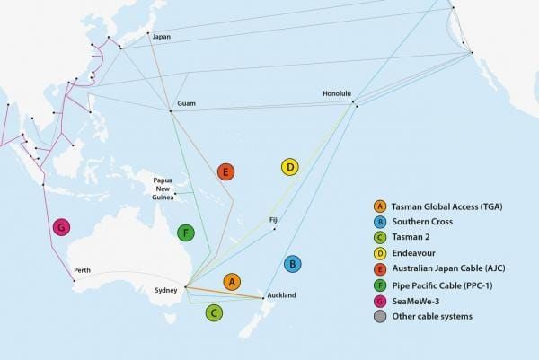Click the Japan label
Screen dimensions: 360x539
pos(162,37)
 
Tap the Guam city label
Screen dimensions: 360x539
pos(188,104)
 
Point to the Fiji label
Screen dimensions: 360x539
pos(275,219)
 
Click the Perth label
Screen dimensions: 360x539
pos(82,270)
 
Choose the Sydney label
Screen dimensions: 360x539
pos(166,290)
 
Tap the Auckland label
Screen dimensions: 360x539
pos(281,295)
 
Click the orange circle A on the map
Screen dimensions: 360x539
pos(232,282)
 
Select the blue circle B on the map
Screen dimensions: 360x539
pos(292,264)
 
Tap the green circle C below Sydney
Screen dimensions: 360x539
pos(214,312)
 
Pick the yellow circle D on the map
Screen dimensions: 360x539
pos(289,167)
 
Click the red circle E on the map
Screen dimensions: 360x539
pos(225,171)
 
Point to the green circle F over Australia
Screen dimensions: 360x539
pos(185,233)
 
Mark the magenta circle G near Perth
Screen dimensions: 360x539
pos(61,226)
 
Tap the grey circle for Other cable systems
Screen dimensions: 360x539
pos(381,317)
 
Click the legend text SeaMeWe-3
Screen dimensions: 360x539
pos(418,301)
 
